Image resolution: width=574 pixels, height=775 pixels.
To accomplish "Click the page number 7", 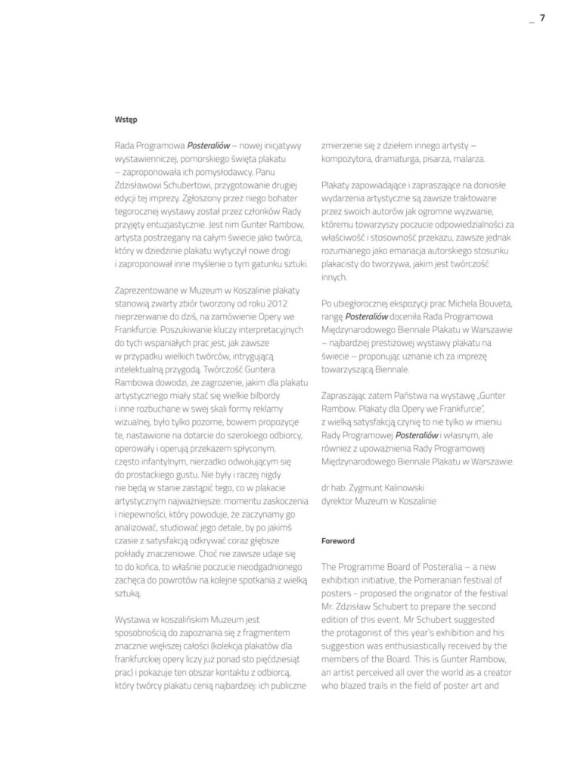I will coord(542,20).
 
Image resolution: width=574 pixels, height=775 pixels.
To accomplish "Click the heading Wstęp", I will coord(126,119).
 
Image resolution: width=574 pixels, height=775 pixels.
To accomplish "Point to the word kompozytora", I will coord(349,159).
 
